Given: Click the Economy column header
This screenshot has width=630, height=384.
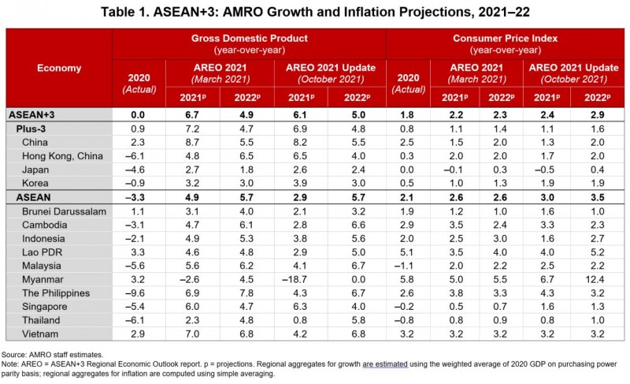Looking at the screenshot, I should tap(59, 68).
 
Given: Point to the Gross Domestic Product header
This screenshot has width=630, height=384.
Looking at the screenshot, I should tap(248, 38).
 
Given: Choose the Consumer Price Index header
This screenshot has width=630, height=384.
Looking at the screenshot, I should tap(506, 38).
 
